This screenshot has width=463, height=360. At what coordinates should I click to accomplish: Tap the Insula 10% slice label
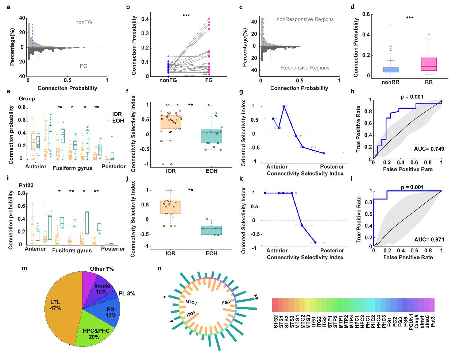point(102,289)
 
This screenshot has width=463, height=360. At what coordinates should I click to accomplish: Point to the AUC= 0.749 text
point(429,149)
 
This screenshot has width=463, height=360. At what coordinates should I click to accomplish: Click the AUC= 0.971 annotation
point(429,240)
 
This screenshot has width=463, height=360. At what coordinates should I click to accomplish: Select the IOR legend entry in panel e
point(115,114)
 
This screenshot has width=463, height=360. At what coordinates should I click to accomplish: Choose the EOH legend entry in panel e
point(116,121)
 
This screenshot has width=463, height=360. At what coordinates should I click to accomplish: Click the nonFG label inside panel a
point(84,22)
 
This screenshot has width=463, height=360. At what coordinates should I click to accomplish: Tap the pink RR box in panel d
point(429,64)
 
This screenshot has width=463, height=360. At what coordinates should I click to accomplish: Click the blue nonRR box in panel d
point(390,70)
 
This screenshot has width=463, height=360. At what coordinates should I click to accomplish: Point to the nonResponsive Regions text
point(305,19)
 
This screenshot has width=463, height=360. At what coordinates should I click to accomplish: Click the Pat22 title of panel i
point(26,185)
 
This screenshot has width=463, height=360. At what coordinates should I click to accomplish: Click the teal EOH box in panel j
point(211,230)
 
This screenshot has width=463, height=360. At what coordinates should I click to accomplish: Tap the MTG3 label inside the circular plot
point(191,302)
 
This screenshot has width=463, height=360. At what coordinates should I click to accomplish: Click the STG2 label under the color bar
point(276,322)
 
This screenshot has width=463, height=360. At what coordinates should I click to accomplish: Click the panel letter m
point(24,268)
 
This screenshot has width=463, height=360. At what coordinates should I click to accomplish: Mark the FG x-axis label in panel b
point(209,80)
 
